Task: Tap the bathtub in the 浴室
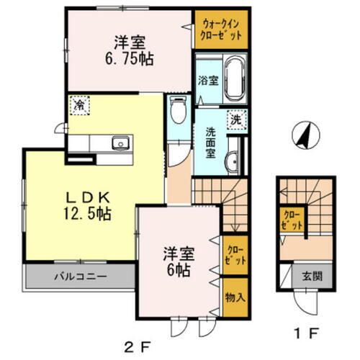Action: (x=234, y=82)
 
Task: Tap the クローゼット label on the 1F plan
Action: (x=292, y=219)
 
